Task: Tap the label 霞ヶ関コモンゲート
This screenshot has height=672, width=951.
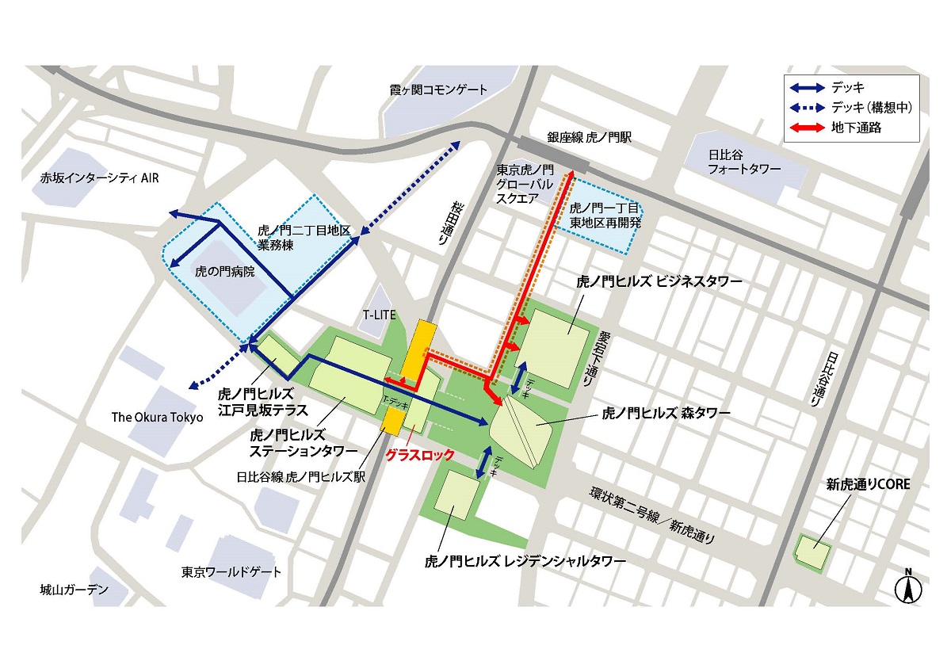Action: pyautogui.click(x=438, y=90)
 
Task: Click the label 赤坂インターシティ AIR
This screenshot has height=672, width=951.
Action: pyautogui.click(x=100, y=178)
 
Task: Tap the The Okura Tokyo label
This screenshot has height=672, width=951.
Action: pyautogui.click(x=157, y=418)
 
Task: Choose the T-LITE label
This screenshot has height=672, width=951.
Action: pyautogui.click(x=380, y=315)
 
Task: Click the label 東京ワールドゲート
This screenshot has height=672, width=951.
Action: pyautogui.click(x=231, y=571)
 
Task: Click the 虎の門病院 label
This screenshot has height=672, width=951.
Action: pyautogui.click(x=225, y=271)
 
